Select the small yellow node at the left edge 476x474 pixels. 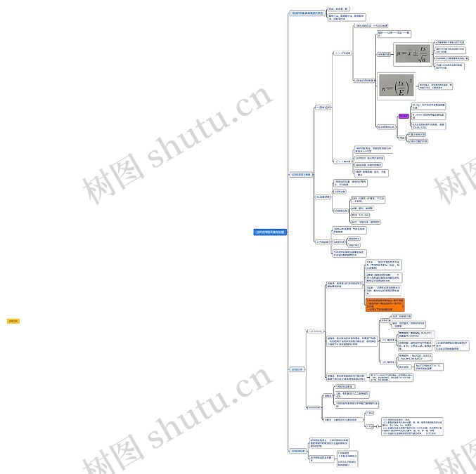click(13, 321)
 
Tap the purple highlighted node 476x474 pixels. click(404, 116)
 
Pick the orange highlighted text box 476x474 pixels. click(385, 304)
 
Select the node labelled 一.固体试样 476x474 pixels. click(323, 107)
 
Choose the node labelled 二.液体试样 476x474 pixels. click(323, 197)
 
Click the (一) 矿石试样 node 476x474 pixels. click(342, 53)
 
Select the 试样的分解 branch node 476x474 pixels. click(297, 369)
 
